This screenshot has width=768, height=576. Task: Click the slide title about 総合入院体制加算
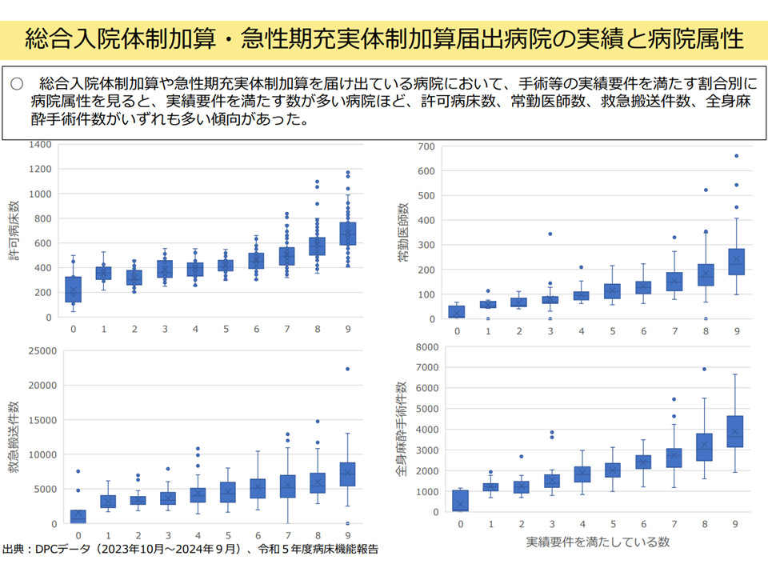[x=384, y=38]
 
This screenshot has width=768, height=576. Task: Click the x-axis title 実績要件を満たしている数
[x=597, y=542]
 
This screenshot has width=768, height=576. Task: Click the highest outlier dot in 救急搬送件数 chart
[x=347, y=369]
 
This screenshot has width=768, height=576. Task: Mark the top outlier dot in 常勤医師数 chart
[x=736, y=156]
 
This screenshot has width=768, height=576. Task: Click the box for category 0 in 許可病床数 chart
[x=73, y=290]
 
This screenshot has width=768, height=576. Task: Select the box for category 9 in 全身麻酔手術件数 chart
[x=736, y=431]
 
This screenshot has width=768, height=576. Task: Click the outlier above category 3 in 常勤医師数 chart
[x=550, y=234]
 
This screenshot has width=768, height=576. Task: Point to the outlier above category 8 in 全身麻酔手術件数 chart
[x=705, y=370]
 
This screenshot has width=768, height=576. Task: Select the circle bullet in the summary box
[x=18, y=83]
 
